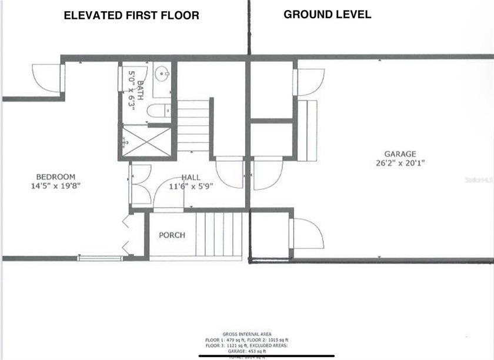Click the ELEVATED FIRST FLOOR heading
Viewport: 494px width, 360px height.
[x=131, y=15]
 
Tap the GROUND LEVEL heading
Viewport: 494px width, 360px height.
[x=328, y=14]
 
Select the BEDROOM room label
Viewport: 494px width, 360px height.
[x=56, y=176]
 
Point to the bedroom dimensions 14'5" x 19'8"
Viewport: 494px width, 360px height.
[x=56, y=185]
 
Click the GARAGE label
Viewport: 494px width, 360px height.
[x=400, y=154]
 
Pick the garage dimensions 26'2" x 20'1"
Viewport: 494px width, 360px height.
[x=400, y=163]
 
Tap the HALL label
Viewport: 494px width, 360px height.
[x=191, y=177]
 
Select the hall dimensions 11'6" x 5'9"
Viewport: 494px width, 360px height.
[x=191, y=186]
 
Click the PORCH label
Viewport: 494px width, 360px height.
[x=172, y=235]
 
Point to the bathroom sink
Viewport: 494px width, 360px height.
[x=162, y=75]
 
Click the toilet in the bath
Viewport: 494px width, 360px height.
[x=158, y=111]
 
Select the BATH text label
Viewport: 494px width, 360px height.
[x=138, y=89]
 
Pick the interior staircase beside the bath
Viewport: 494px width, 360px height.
[x=193, y=125]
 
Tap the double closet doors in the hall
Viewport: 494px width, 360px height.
[x=140, y=184]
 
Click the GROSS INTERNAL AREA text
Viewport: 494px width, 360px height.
[x=247, y=334]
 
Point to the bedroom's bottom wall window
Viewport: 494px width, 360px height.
[x=101, y=258]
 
